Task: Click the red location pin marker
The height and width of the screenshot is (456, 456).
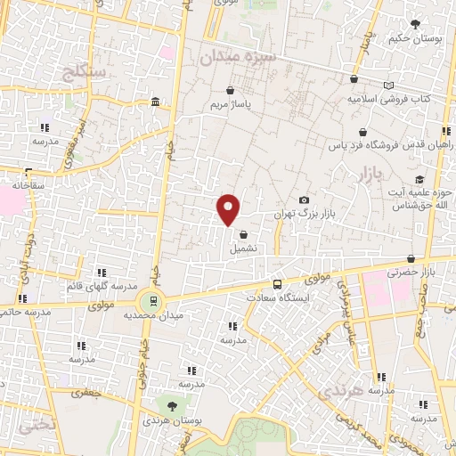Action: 229,208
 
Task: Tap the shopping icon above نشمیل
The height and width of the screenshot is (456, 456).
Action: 242,234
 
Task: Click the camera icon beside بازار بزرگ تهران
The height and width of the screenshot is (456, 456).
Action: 305,200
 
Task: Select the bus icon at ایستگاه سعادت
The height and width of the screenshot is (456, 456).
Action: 278,284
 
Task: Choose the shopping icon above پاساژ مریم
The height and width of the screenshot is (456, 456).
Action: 231,90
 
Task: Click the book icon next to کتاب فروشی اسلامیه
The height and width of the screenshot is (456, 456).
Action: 387,85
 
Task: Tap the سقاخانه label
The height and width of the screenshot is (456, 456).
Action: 27,184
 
